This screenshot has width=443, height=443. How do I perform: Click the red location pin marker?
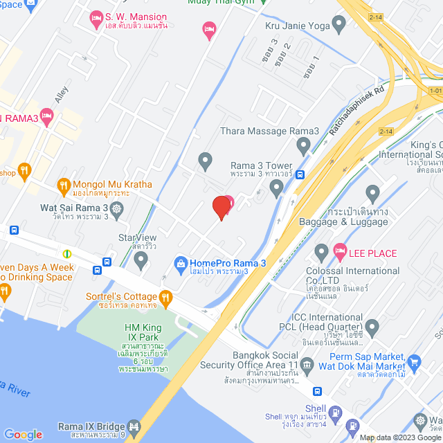[221, 207]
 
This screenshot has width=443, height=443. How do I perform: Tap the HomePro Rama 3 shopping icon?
[181, 263]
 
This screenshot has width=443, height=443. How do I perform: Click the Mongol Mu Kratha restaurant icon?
[64, 185]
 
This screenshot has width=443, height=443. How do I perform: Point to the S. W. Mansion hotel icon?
[97, 16]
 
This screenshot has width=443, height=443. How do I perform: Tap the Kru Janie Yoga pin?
[338, 26]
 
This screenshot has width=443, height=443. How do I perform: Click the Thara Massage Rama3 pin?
[302, 145]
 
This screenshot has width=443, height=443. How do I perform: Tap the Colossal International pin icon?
[320, 251]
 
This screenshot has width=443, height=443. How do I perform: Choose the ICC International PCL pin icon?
[372, 325]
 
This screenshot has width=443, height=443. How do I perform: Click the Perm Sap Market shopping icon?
[415, 361]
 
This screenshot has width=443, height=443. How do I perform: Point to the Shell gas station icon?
[335, 414]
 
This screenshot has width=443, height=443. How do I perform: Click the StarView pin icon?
[141, 260]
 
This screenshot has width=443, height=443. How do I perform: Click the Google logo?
[22, 434]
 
